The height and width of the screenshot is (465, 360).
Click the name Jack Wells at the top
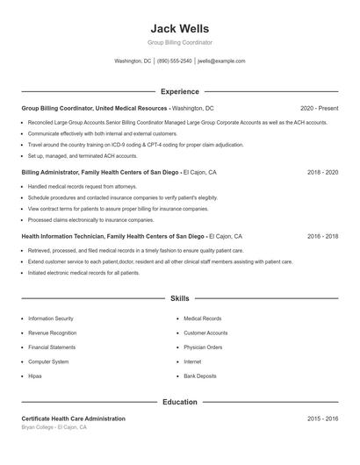coord(179,28)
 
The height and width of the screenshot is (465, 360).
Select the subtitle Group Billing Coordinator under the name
coord(179,42)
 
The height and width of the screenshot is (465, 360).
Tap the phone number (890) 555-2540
coord(174,61)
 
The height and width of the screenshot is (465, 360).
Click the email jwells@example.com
coord(221,61)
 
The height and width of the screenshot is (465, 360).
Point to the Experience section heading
coord(179,91)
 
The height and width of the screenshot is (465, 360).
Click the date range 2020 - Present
coord(319,108)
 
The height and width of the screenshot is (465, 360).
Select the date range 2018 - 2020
coord(322,172)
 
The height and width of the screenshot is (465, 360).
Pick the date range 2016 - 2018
coord(322,236)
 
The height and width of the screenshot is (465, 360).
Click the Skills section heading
coord(179,299)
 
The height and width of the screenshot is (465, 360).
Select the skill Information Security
coord(51,318)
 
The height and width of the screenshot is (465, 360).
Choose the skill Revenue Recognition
coord(52,333)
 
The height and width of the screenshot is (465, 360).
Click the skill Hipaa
coord(35,376)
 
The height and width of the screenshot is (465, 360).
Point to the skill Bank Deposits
coord(200,376)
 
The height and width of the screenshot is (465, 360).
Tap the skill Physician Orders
coord(203,347)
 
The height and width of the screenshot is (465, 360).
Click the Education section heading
coord(179,402)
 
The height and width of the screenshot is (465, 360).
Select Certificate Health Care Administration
coord(73,418)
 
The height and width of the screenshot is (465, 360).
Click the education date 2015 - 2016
coord(322,418)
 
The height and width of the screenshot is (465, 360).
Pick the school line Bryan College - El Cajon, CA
coord(54,427)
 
